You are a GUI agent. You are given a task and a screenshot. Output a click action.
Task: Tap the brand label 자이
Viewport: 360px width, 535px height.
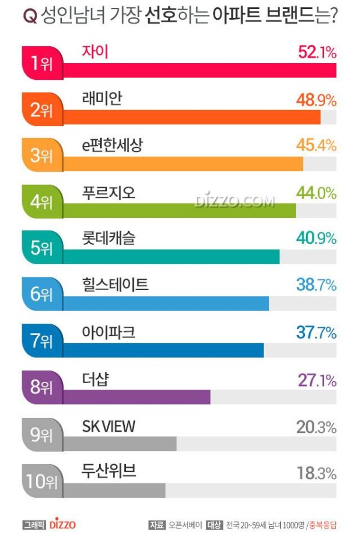point(95,52)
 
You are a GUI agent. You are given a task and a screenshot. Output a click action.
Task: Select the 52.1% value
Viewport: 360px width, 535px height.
point(317,52)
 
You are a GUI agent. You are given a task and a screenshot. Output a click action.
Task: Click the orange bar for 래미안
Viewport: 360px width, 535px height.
point(192,117)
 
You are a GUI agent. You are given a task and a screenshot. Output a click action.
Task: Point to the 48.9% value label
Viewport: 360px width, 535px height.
point(316,100)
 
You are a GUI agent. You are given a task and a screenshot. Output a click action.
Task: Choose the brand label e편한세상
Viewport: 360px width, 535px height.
point(112,146)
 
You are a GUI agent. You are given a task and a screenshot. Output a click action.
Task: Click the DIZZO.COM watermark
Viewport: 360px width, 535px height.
point(235,201)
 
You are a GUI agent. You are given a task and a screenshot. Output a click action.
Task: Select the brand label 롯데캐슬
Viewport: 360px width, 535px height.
point(109,238)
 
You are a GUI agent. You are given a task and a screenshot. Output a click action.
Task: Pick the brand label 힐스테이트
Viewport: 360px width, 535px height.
point(115,285)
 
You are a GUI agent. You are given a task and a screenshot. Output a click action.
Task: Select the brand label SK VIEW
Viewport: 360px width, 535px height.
point(109,426)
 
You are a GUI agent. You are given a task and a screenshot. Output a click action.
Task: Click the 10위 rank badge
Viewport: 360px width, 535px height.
point(41,481)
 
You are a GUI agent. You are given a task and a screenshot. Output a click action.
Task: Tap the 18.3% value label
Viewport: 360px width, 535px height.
point(316,473)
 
